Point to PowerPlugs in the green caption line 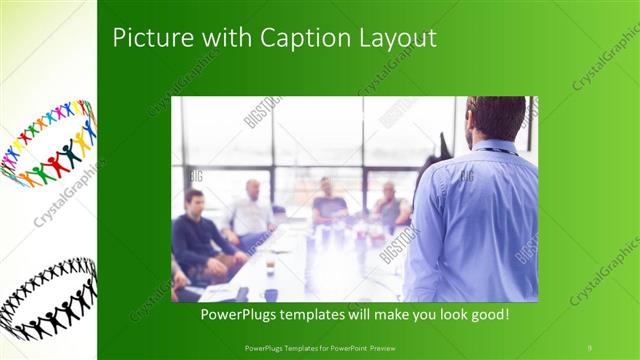coord(238,314)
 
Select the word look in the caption coord(439,314)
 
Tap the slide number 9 coord(590,346)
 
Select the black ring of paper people coord(48,298)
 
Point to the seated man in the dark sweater coord(197,236)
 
